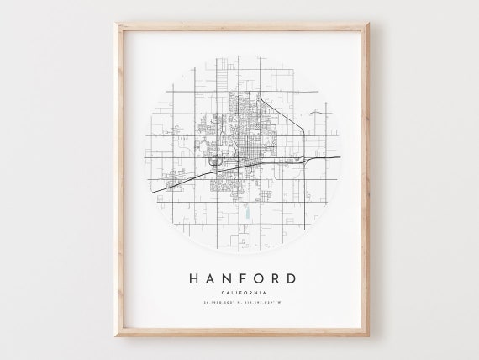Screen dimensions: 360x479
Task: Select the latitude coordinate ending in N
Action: coord(217,303)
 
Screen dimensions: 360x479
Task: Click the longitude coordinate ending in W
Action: coord(262,303)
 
